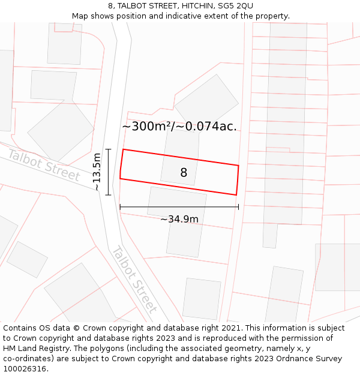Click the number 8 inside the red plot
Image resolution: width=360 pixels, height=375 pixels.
point(184,173)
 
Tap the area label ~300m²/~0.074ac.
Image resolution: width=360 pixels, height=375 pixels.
point(179,127)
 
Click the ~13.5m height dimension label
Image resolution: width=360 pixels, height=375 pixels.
point(97,172)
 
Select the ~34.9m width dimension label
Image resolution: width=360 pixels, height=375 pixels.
point(179,219)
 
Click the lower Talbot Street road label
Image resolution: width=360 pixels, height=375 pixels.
point(135,280)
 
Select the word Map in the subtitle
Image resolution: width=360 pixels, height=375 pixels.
point(80,16)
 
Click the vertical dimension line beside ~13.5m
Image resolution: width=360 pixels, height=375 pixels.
point(109,172)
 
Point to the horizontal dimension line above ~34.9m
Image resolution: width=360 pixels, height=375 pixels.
point(179,207)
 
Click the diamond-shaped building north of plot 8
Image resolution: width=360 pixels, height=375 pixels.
point(206,100)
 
